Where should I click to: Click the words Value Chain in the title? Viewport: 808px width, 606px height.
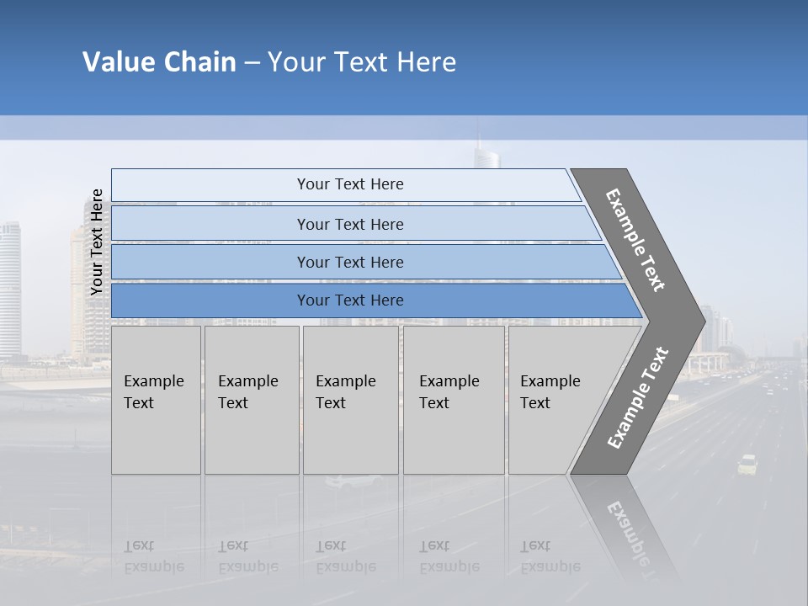click(159, 62)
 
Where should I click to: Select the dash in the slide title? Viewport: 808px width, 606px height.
click(252, 62)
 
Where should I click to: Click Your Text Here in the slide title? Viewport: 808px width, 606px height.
click(362, 62)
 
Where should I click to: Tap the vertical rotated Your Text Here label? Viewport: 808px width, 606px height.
click(97, 242)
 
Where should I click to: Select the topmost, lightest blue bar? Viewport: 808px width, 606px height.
click(350, 184)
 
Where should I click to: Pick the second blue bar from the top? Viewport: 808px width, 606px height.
click(350, 224)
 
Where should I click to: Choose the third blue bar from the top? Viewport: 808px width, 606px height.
click(350, 262)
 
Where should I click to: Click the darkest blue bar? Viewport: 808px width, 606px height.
click(350, 300)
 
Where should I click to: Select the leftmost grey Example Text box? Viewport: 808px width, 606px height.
click(156, 400)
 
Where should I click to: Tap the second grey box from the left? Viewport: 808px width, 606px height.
click(252, 400)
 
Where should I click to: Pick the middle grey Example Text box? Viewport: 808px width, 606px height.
click(350, 400)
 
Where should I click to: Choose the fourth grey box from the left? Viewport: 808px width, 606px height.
click(454, 400)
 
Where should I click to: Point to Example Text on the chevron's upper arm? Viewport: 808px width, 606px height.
click(636, 240)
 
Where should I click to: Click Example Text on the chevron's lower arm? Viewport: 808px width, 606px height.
click(638, 397)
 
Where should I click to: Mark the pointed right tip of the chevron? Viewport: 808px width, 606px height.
click(703, 321)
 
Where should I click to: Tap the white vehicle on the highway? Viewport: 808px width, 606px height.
click(747, 464)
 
